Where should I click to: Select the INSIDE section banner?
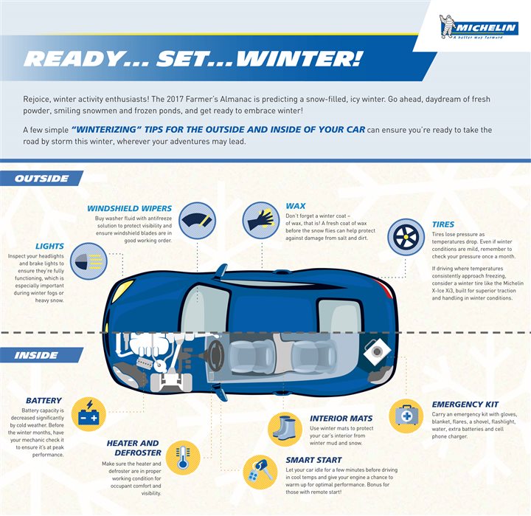37,355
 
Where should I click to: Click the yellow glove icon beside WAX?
260,221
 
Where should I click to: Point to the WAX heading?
295,206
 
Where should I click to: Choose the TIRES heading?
443,224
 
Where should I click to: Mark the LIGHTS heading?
49,247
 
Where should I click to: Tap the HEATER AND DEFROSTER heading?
133,448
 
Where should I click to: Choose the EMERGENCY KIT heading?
465,405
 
